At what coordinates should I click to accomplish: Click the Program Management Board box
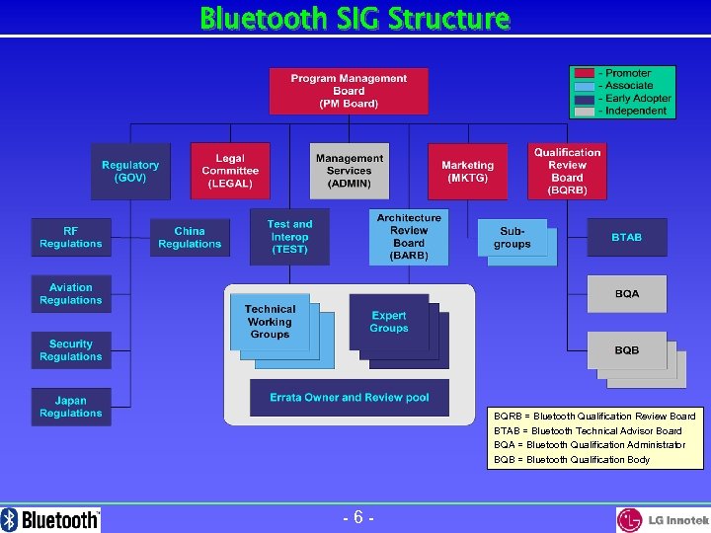coord(349,91)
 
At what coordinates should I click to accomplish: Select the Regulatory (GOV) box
coord(129,172)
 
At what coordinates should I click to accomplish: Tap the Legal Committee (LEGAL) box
coord(230,171)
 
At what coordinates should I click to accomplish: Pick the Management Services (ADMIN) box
coord(349,171)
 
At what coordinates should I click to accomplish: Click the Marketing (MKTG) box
coord(467,172)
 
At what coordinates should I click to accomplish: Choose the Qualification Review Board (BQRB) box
coord(567,171)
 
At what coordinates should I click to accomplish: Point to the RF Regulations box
coord(70,238)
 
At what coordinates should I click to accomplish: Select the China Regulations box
coord(190,238)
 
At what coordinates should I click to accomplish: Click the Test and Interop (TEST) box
coord(289,237)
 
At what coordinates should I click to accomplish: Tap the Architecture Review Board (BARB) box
coord(408,237)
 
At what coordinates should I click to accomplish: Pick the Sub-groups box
coord(512,238)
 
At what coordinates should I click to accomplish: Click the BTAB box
coord(626,237)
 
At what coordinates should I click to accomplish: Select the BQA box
coord(626,293)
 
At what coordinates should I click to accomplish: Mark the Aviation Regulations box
coord(70,294)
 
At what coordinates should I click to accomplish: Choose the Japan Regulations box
coord(70,407)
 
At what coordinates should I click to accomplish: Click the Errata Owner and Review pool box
coord(349,397)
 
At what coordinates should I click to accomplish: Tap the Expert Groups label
coord(388,322)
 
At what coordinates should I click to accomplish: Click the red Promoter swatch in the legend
coord(585,73)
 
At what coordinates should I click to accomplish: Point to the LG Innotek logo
coord(662,519)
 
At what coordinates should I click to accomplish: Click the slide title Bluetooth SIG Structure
coord(355,18)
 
